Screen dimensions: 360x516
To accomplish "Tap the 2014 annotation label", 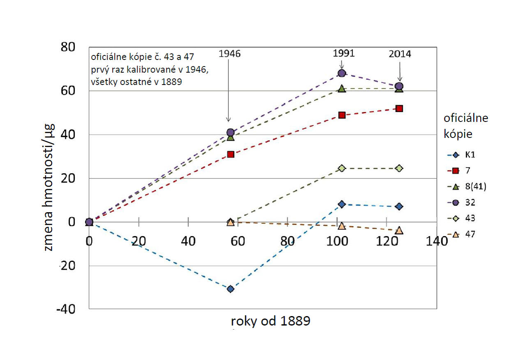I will [399, 54].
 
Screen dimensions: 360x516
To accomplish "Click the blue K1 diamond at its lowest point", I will [230, 289].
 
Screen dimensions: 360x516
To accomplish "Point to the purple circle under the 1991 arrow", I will [341, 73].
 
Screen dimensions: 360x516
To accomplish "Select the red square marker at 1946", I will [230, 154].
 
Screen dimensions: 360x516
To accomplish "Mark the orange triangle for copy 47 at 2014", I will [399, 231].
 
